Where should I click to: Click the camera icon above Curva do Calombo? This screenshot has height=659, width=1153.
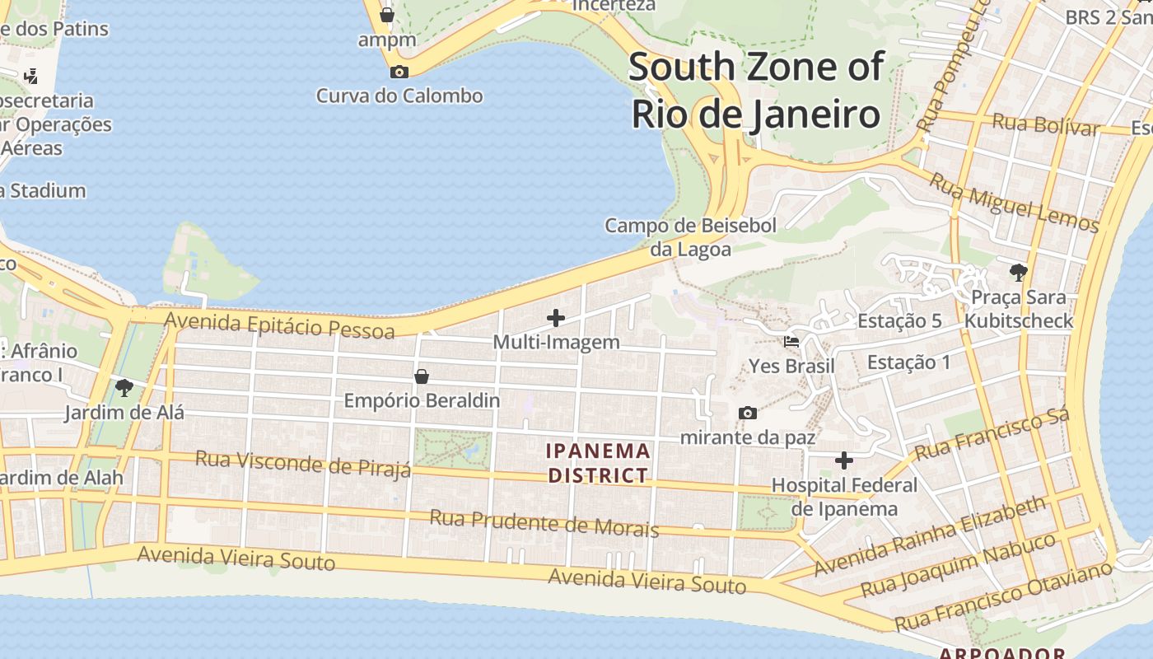(x=399, y=72)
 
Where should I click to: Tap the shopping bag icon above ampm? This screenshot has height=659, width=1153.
(x=386, y=15)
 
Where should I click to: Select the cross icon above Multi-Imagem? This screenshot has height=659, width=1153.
(x=556, y=317)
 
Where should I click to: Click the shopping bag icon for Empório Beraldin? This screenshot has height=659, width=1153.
(x=422, y=376)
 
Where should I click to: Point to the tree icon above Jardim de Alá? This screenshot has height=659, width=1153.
(x=124, y=387)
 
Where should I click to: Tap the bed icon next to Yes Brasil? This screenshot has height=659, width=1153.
(x=791, y=341)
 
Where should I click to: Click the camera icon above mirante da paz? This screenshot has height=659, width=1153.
(x=748, y=413)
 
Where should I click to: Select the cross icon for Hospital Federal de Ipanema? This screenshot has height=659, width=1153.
(x=844, y=460)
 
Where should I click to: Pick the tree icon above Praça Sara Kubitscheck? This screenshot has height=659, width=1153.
(x=1019, y=272)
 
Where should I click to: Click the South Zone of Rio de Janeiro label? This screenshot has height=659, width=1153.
(x=756, y=91)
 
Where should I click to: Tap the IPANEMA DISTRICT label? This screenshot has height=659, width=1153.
(x=600, y=463)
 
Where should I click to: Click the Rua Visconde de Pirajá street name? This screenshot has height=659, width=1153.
(x=302, y=463)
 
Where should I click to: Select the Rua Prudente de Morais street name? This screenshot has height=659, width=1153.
(x=544, y=523)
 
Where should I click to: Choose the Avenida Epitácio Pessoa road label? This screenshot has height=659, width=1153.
(x=280, y=325)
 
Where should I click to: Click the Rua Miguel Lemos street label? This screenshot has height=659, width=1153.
(x=1014, y=202)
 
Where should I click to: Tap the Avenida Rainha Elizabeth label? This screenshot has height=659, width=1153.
(x=930, y=536)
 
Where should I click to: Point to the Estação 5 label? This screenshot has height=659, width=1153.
(x=899, y=321)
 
